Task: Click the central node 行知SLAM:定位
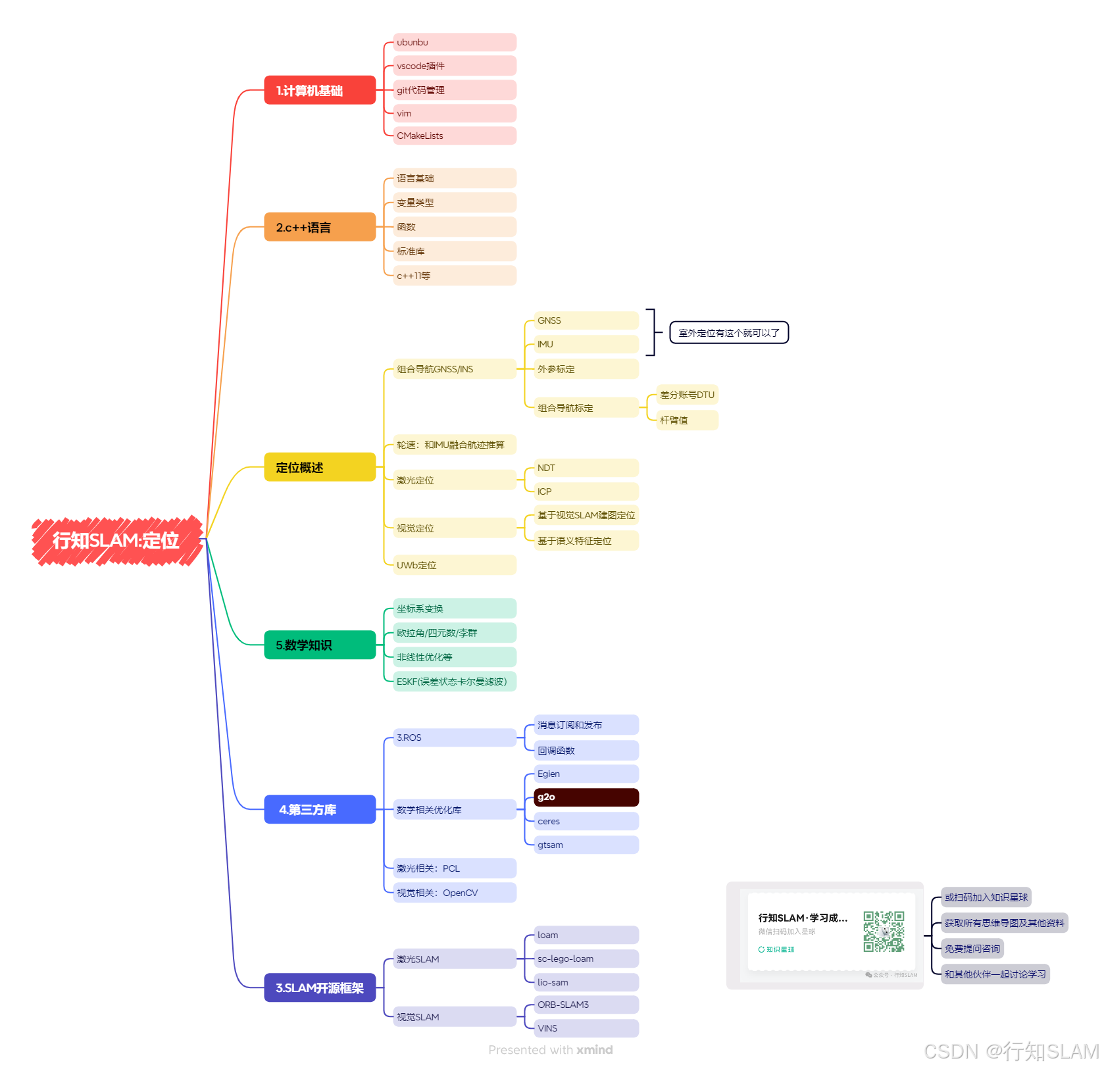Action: pos(116,540)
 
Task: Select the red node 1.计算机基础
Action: pos(320,90)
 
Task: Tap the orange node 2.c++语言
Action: pos(320,227)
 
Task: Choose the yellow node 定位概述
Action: pos(320,467)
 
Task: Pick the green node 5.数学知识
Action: pos(320,645)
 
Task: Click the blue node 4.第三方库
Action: pos(320,809)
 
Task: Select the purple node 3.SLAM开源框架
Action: pos(320,987)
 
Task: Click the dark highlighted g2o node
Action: pos(586,797)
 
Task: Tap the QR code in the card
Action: pos(884,932)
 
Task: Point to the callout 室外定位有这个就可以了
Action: pos(728,333)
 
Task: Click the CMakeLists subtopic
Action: pos(455,136)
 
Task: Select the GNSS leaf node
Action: pos(586,320)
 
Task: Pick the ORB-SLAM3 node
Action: pos(586,1005)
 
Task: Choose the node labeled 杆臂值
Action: pos(688,420)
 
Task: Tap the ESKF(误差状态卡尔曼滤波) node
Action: pos(455,682)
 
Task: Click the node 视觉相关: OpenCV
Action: pos(455,893)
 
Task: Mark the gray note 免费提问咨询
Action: pos(972,949)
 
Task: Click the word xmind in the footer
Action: pos(594,1050)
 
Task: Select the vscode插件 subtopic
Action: pos(455,66)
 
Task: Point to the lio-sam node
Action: pos(586,982)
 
